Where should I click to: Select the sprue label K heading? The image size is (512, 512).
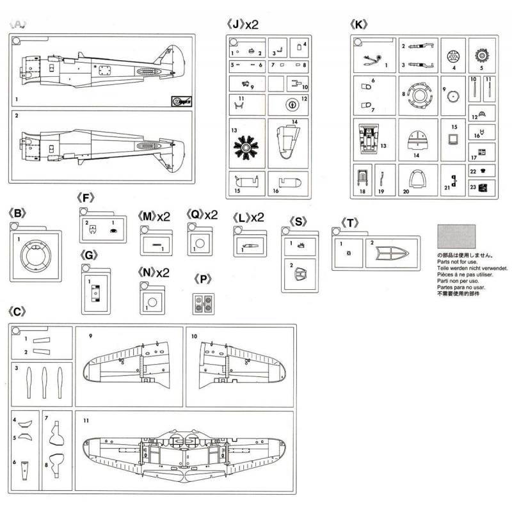pos(359,25)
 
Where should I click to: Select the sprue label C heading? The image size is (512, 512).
pos(18,312)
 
